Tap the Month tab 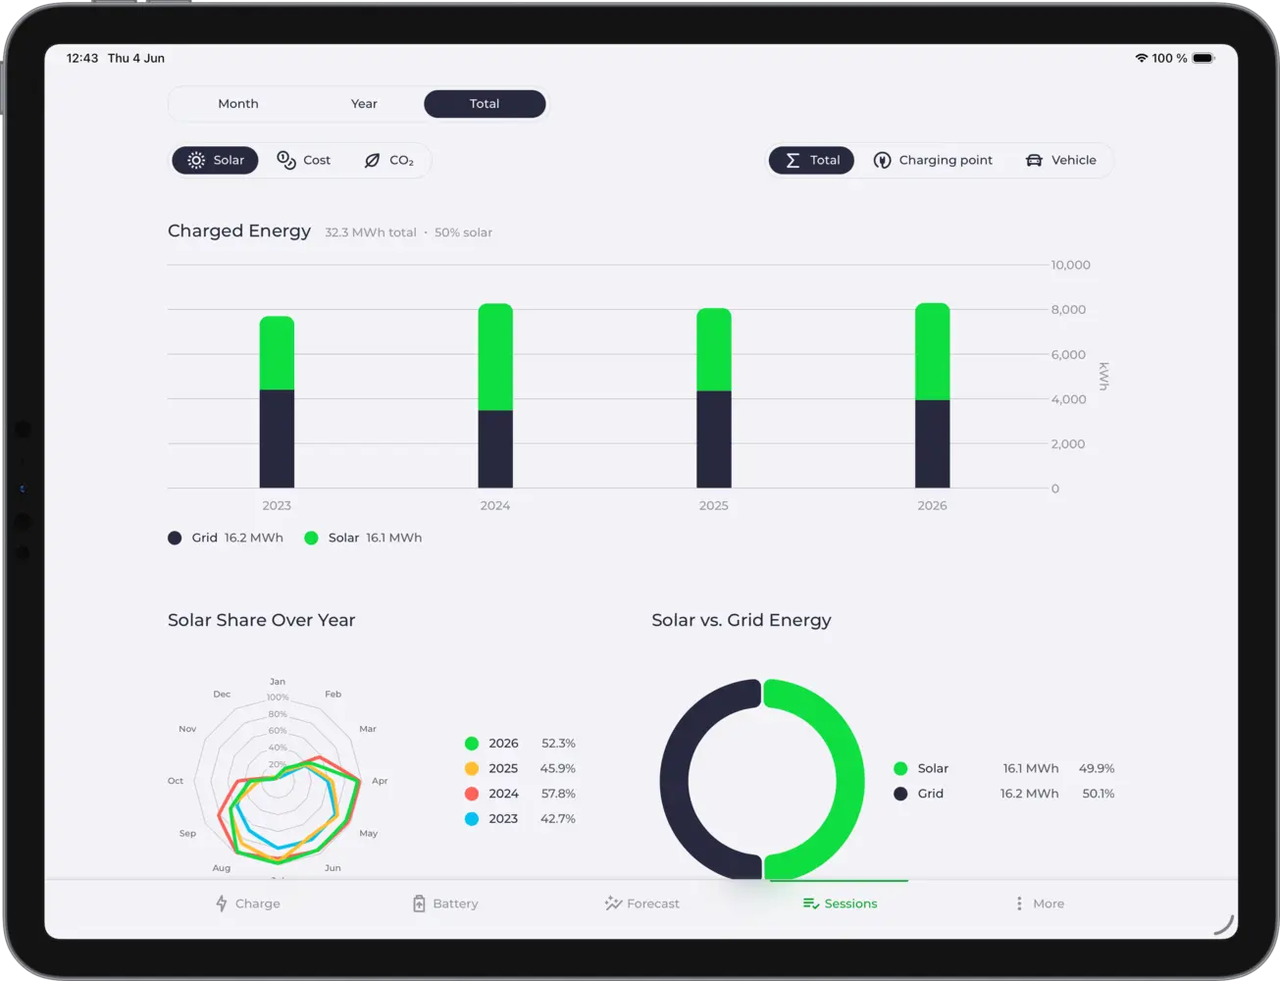(238, 104)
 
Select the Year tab (364, 104)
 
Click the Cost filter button (303, 160)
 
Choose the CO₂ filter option (388, 160)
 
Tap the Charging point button (933, 160)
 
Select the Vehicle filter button (1060, 160)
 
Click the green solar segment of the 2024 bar (495, 357)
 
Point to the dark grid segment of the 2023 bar (277, 439)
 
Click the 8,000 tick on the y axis (1068, 310)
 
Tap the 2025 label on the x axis (713, 505)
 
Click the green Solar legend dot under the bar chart (311, 538)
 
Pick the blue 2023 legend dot (471, 819)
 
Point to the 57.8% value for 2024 (558, 794)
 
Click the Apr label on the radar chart (380, 781)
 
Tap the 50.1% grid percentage (1098, 794)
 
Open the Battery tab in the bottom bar (445, 904)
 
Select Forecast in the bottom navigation (641, 904)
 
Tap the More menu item (1040, 904)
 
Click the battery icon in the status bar (1203, 58)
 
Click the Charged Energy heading (239, 231)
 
